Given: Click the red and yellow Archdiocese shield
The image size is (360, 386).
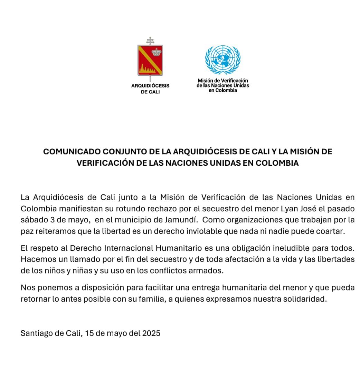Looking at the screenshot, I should (x=150, y=61).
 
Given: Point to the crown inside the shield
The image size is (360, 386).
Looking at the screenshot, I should (x=157, y=52).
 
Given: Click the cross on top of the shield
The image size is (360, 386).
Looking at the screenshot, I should (x=150, y=40).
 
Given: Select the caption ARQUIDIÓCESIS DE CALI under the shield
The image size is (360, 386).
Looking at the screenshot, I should (x=150, y=89).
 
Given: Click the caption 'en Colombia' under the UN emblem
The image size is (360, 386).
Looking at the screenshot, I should (x=223, y=90).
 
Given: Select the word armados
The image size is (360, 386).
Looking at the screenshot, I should (x=208, y=271).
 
